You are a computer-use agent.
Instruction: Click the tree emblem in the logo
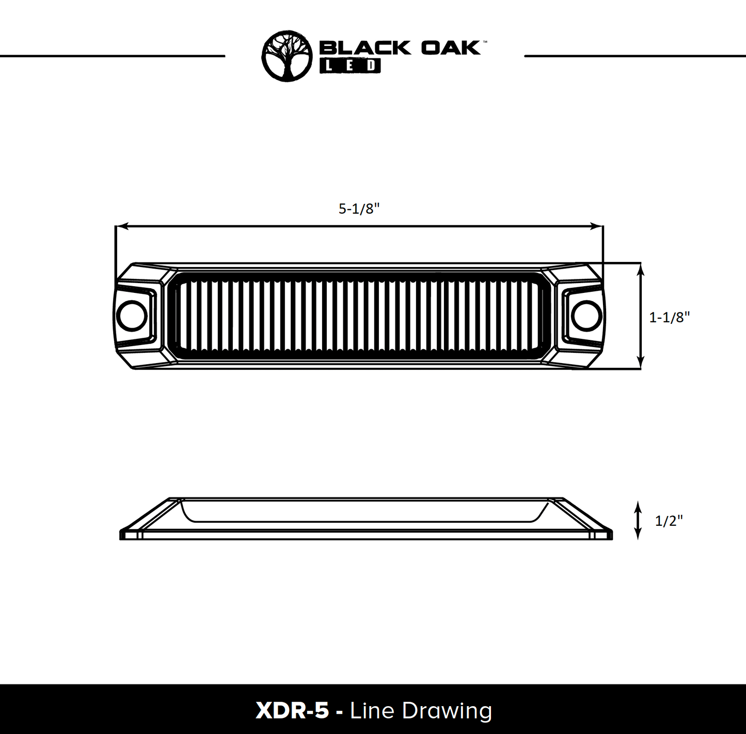(x=287, y=56)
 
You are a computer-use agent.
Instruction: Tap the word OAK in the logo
(x=451, y=48)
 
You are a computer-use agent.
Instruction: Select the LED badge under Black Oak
(x=350, y=66)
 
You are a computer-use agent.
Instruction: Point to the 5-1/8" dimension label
(x=359, y=209)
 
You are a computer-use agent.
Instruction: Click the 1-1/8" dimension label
(x=669, y=317)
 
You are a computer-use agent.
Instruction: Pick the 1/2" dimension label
(x=669, y=521)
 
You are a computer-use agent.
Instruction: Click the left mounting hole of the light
(x=132, y=316)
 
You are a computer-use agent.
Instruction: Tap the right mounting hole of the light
(x=587, y=316)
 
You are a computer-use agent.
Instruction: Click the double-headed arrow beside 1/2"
(x=638, y=520)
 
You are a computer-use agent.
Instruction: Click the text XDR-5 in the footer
(x=292, y=711)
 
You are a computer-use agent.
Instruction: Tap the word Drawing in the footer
(x=447, y=711)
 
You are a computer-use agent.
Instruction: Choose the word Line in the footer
(x=372, y=711)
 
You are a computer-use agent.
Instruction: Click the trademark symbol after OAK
(x=484, y=41)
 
